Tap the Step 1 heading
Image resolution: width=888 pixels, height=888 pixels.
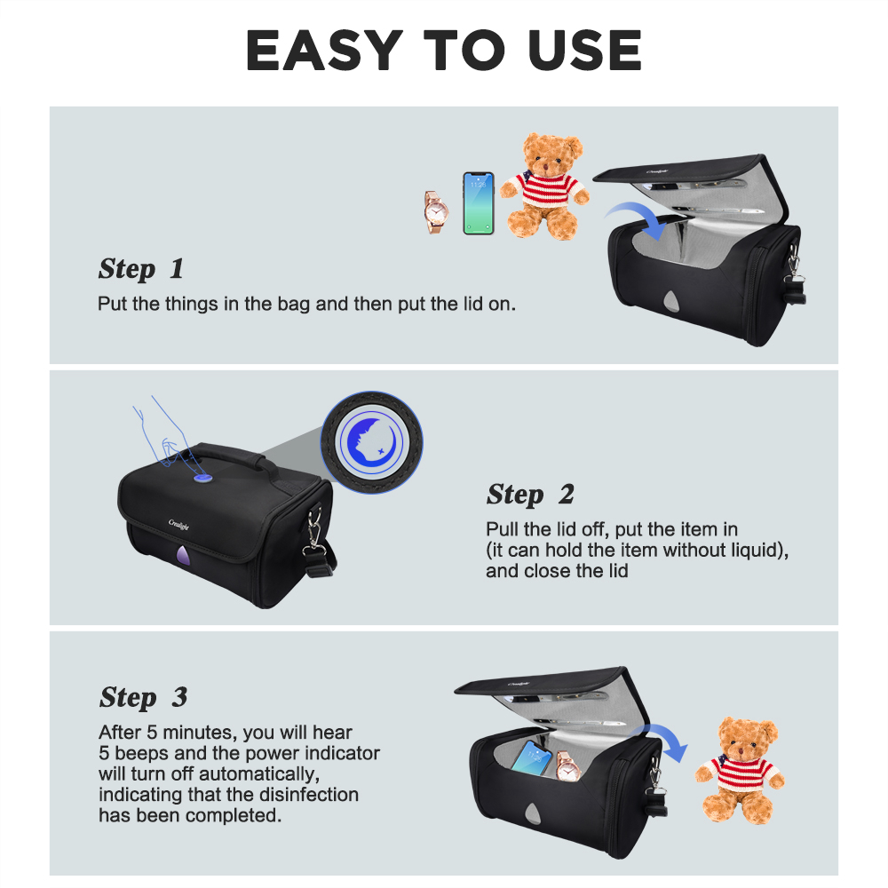141,269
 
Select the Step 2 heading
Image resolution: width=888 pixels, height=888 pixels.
530,495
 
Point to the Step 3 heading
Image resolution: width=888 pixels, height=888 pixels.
143,698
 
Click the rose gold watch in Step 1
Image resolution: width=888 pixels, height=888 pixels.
436,212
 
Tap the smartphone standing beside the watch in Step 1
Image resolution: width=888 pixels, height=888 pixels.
479,203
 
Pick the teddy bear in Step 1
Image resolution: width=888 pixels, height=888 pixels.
545,186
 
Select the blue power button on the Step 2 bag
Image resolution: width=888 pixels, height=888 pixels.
202,479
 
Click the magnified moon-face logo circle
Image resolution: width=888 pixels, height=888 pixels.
371,441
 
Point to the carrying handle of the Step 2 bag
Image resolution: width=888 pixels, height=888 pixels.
226,453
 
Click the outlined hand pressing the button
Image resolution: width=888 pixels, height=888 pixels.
164,433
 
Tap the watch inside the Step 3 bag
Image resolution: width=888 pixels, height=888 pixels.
567,765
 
